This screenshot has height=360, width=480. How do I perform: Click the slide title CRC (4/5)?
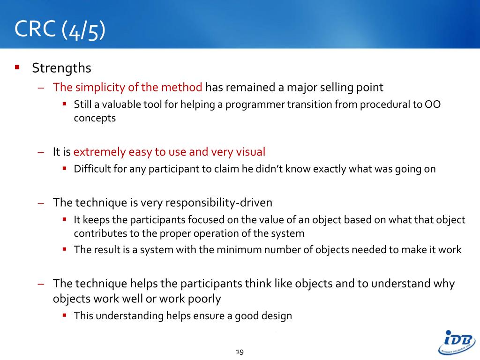(x=60, y=30)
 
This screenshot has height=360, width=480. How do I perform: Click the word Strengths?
(x=61, y=68)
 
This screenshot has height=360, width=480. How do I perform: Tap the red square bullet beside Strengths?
(x=17, y=67)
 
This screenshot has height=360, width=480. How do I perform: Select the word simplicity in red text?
(x=100, y=88)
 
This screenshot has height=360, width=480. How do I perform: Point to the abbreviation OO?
(x=433, y=105)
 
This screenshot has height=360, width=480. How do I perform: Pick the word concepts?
(x=95, y=119)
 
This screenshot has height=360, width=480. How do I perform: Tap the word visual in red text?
(x=251, y=152)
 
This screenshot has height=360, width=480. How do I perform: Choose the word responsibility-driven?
(x=219, y=203)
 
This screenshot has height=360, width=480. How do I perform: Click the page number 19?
(x=240, y=352)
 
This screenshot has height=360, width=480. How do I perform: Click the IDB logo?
(x=457, y=342)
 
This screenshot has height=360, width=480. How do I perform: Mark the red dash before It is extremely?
(x=41, y=152)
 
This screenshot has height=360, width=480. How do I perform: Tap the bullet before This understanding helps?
(x=64, y=315)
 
